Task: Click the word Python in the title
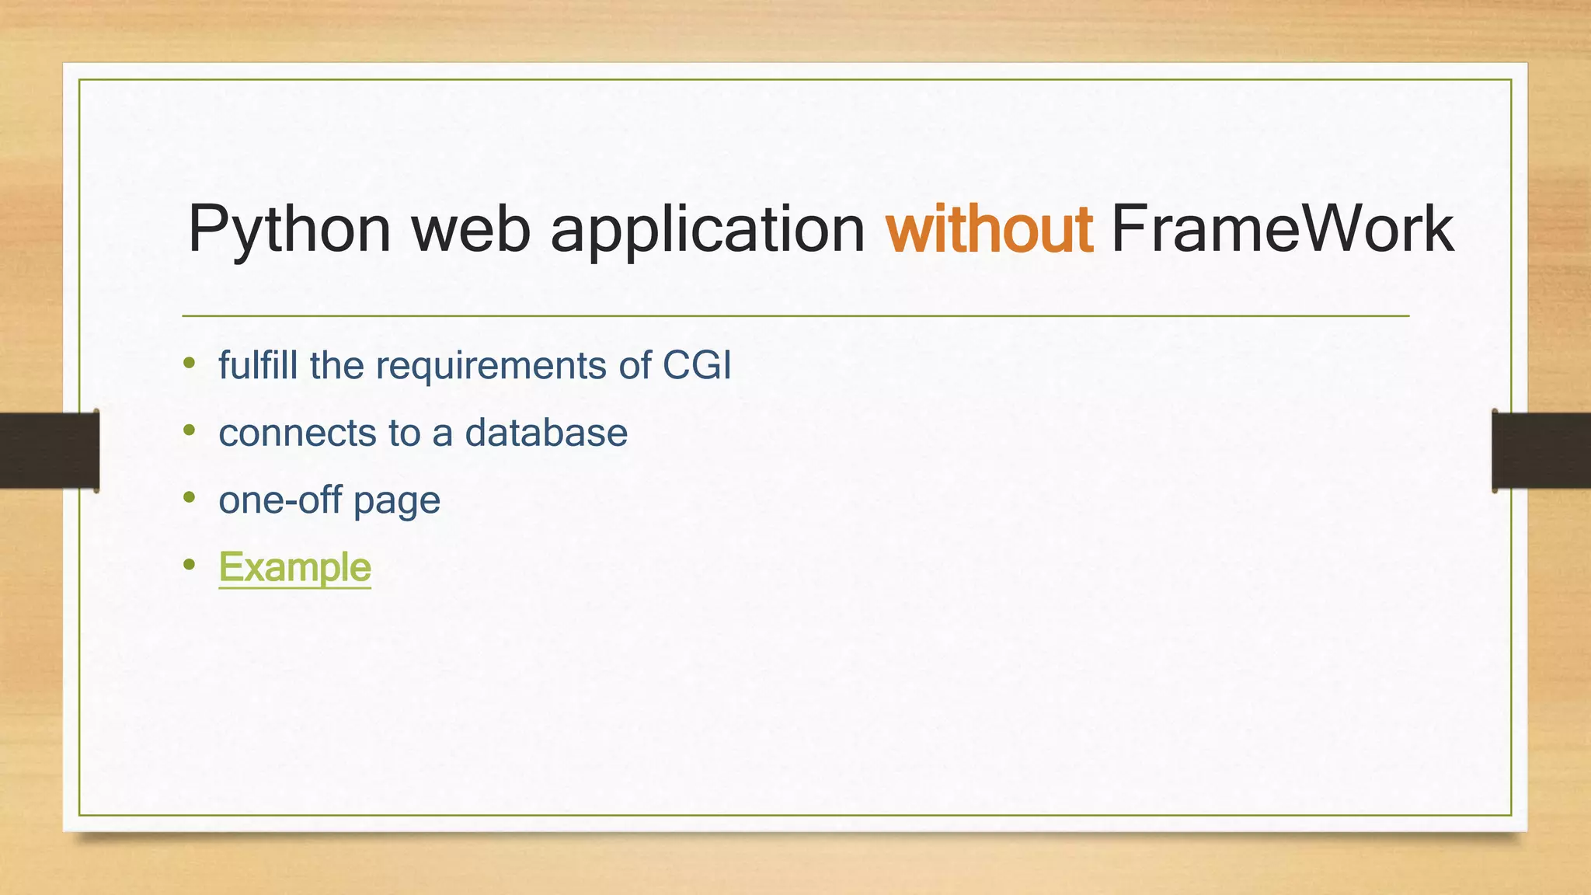tap(289, 231)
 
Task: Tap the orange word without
tap(989, 229)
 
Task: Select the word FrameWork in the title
tap(1282, 229)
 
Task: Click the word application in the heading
tap(707, 231)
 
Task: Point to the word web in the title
tap(470, 229)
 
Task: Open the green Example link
tap(294, 567)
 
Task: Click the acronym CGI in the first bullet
tap(697, 365)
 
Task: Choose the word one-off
tap(280, 500)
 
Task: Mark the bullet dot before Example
tap(190, 564)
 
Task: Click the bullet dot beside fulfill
tap(190, 362)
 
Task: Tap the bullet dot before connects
tap(190, 430)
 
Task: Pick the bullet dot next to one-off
tap(190, 496)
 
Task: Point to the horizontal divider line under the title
tap(795, 316)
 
